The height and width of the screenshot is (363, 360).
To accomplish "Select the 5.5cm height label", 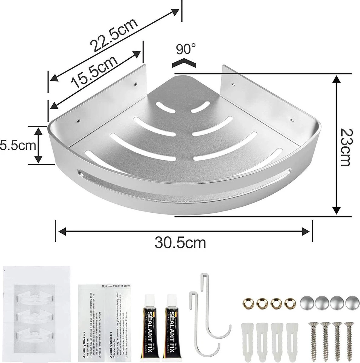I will pos(18,145).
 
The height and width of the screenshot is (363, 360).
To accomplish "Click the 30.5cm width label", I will pos(180,242).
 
